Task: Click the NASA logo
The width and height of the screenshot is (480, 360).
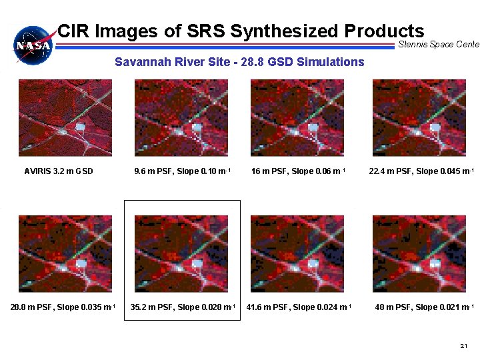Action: (x=34, y=45)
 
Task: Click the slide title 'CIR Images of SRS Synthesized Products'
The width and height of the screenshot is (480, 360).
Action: (x=241, y=31)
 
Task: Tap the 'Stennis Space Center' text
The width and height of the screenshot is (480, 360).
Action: (x=438, y=45)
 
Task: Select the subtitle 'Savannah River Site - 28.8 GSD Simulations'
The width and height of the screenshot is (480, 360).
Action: (x=239, y=62)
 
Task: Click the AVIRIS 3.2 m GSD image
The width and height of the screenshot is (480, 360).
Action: (x=65, y=118)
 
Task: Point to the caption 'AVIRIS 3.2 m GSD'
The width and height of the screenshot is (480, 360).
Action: (x=59, y=171)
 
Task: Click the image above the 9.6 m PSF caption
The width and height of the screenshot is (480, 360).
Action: (x=181, y=118)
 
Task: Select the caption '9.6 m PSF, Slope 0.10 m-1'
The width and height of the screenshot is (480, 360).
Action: (x=182, y=171)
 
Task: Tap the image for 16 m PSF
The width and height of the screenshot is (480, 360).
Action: (x=297, y=118)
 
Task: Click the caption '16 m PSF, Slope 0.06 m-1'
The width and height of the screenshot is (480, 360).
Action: (x=298, y=171)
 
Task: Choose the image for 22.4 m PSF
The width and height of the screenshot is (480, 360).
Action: (x=419, y=118)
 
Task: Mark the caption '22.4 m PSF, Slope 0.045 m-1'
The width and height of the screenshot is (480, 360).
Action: (x=421, y=171)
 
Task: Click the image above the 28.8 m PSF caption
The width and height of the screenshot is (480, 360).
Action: (x=65, y=253)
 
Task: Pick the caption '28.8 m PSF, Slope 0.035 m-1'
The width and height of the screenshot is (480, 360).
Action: (x=63, y=307)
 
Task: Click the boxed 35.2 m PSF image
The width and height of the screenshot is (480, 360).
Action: (x=181, y=253)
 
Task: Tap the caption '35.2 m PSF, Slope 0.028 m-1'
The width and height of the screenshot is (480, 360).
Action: (x=182, y=307)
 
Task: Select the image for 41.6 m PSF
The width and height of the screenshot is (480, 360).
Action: (x=297, y=253)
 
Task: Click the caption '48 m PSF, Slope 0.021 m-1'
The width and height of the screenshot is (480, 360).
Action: (x=424, y=307)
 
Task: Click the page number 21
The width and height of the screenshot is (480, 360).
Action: (x=464, y=346)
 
